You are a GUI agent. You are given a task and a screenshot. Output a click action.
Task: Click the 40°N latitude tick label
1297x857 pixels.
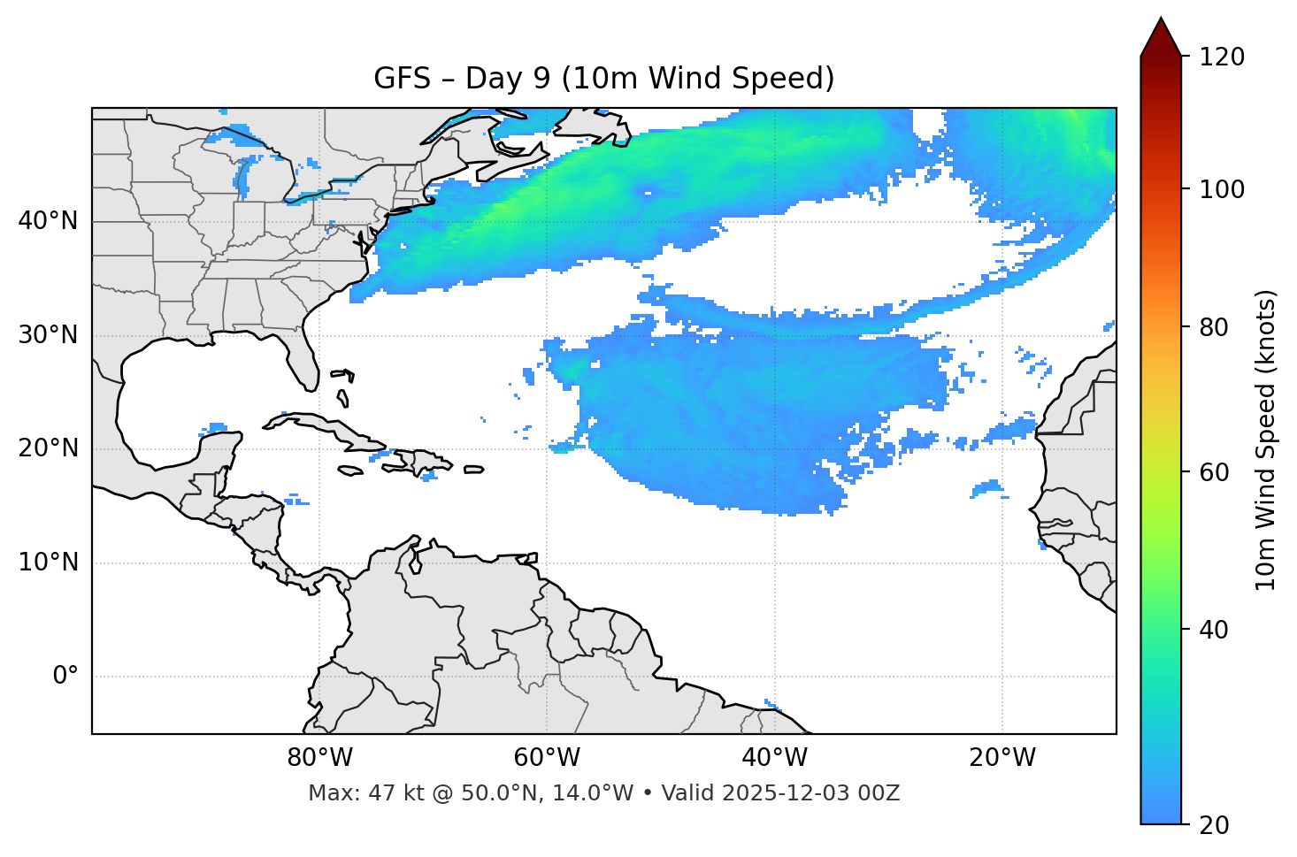48,221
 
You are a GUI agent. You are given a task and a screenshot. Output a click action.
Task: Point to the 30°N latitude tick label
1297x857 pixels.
48,335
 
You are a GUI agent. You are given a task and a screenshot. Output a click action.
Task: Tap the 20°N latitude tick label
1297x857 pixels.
48,448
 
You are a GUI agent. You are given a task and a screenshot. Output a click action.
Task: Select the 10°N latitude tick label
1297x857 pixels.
48,562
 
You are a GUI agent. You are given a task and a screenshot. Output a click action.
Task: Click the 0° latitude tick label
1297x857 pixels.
65,677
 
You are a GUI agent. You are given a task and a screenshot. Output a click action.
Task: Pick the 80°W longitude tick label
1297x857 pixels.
319,758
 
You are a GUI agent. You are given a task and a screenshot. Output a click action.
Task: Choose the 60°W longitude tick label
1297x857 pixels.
547,758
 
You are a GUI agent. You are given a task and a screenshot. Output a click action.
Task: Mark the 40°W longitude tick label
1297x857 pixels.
775,758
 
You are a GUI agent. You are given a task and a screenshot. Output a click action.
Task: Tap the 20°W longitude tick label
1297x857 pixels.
1002,758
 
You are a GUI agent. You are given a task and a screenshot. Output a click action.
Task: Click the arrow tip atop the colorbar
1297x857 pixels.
1161,19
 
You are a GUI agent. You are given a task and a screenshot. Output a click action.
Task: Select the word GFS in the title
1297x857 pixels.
402,79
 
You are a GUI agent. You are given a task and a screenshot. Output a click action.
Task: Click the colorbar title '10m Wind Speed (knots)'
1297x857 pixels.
1266,440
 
